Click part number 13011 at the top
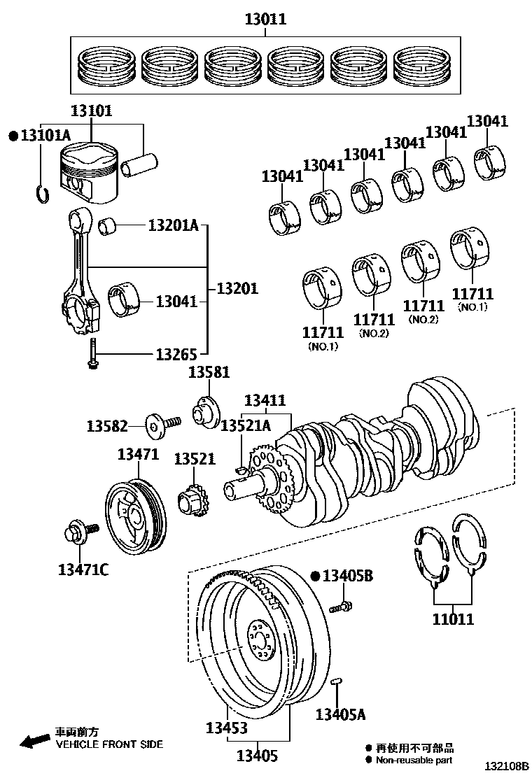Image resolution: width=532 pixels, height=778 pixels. pos(265,20)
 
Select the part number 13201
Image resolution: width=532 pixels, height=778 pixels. pos(237,288)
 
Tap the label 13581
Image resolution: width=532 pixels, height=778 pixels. pos(209,373)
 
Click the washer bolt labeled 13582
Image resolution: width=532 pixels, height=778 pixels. pos(162,423)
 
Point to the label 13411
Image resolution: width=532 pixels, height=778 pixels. pos(265,401)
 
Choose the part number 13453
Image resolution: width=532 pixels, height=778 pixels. pos(226,728)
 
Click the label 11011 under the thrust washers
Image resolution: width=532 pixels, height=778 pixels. pos(453,618)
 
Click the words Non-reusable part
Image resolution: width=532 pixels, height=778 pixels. pos(414,760)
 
